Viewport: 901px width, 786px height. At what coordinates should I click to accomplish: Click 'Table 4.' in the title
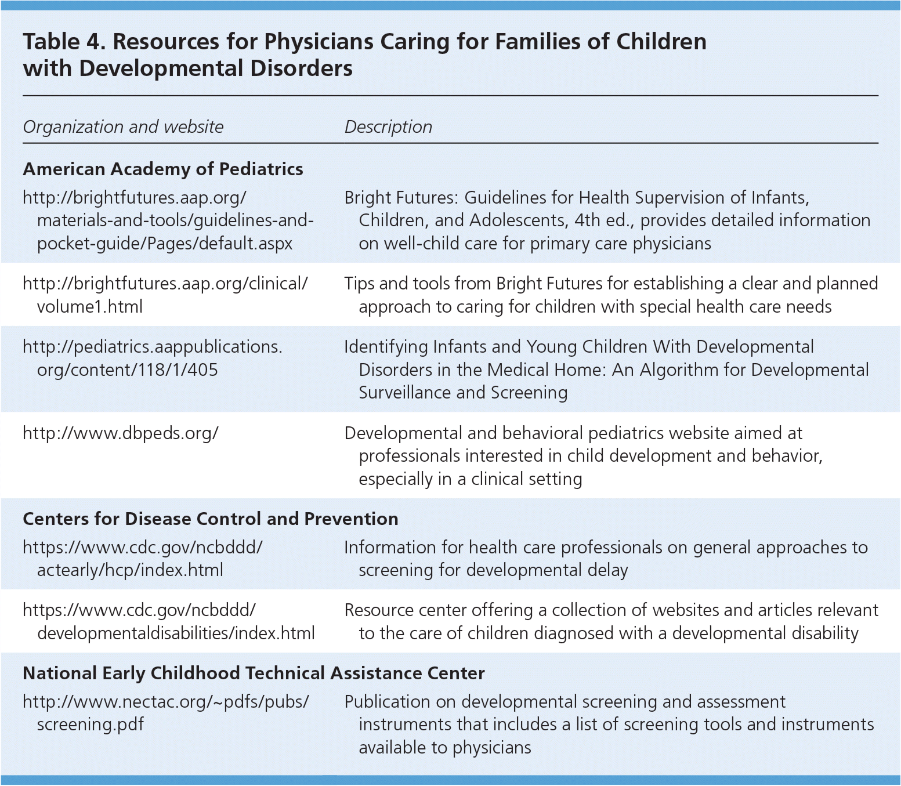click(x=63, y=42)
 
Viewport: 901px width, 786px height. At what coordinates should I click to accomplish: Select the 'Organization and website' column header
click(x=123, y=126)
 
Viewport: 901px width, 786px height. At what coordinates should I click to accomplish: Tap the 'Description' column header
click(x=388, y=126)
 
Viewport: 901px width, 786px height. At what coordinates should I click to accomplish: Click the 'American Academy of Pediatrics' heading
click(x=162, y=169)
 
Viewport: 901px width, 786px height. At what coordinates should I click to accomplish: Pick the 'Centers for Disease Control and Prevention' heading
click(x=210, y=519)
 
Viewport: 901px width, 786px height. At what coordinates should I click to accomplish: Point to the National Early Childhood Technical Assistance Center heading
click(x=254, y=673)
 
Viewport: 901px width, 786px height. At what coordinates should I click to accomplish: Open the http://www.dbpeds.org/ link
click(x=120, y=433)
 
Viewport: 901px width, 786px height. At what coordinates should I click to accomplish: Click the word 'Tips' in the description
click(x=359, y=283)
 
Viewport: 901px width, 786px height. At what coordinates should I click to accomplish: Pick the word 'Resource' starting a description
click(x=379, y=610)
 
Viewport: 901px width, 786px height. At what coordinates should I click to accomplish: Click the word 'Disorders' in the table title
click(x=301, y=68)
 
